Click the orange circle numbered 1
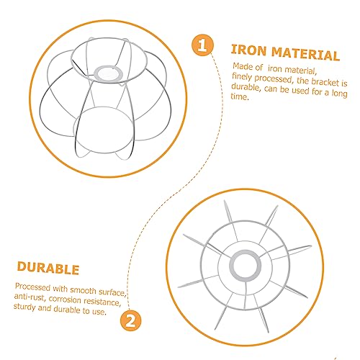pos(202,45)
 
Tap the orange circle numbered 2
pos(131,320)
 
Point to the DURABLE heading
pos(48,268)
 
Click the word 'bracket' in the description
pos(325,82)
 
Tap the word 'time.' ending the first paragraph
pos(239,96)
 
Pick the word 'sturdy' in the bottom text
pos(24,307)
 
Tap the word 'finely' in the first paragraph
pos(242,77)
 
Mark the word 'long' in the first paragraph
pos(340,93)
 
